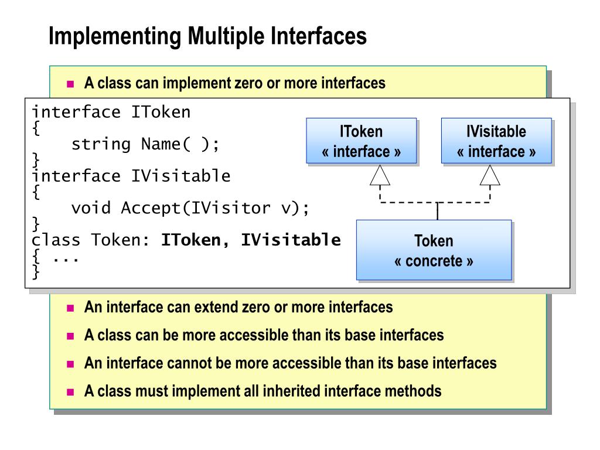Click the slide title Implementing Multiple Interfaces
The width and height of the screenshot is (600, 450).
[x=207, y=36]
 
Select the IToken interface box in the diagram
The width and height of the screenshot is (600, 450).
[x=361, y=141]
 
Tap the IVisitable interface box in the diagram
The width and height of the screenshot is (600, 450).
[x=496, y=141]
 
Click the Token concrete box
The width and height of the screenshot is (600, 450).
[x=434, y=250]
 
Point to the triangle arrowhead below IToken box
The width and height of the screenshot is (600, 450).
[x=380, y=175]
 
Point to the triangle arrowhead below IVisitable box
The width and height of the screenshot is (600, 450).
[x=490, y=175]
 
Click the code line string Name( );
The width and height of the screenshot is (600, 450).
[x=145, y=144]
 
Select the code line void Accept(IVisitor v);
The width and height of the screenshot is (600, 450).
[x=189, y=208]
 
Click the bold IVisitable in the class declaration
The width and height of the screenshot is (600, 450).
[x=291, y=240]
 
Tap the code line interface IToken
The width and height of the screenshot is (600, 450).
[x=111, y=112]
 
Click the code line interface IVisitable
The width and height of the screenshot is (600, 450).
[x=131, y=176]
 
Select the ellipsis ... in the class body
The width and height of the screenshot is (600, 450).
[x=66, y=257]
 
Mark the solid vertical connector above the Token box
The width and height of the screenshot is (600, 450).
[x=437, y=211]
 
